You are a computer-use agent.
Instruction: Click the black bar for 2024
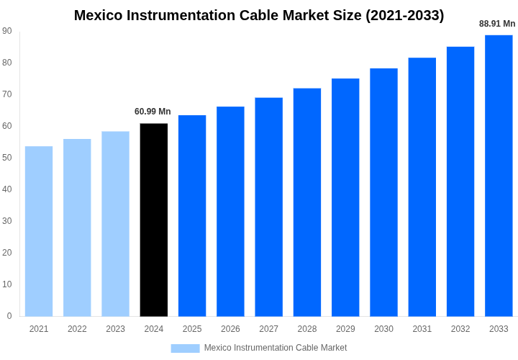point(154,220)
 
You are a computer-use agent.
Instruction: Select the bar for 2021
point(39,231)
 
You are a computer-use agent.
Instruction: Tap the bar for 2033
point(499,176)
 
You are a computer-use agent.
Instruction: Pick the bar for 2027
point(269,207)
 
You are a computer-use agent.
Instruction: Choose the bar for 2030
point(383,192)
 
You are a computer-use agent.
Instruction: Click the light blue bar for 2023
point(116,223)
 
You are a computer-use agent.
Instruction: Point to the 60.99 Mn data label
point(153,112)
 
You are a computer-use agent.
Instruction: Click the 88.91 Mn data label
point(497,24)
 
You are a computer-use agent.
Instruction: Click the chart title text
point(259,15)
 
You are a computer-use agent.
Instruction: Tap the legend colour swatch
point(185,348)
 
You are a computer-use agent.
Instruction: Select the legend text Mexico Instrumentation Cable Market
point(276,348)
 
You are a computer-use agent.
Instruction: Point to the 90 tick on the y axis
point(7,31)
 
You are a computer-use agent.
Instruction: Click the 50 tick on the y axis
point(7,158)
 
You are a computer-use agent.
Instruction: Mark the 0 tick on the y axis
point(9,316)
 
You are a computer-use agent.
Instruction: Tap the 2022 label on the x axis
point(77,329)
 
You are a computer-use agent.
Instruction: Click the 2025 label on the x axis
point(192,329)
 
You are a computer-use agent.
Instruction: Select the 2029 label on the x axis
point(345,329)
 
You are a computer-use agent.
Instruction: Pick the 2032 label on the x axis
point(460,329)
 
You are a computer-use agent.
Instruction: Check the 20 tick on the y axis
point(7,253)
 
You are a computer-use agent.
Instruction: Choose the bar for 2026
point(230,211)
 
